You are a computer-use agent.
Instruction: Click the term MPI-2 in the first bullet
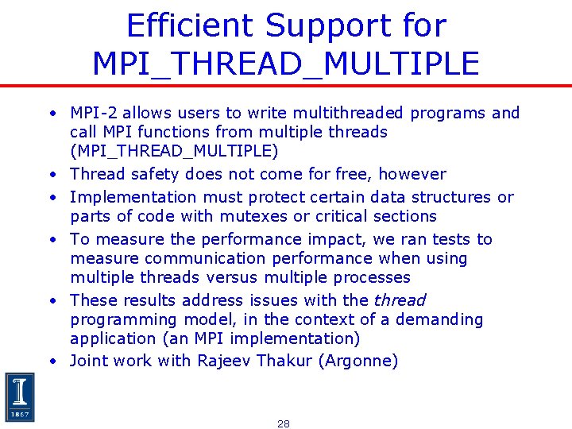click(x=94, y=113)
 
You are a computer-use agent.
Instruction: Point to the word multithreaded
click(x=346, y=113)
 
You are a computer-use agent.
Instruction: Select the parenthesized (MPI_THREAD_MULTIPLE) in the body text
click(x=174, y=151)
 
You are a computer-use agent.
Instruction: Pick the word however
click(x=415, y=174)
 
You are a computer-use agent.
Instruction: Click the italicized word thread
click(x=400, y=300)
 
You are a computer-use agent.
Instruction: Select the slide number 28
click(x=284, y=423)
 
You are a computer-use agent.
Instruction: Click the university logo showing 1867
click(x=20, y=397)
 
